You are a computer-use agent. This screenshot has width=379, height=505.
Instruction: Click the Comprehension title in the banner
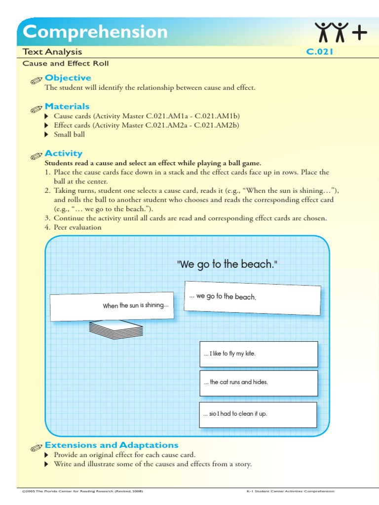[x=95, y=32]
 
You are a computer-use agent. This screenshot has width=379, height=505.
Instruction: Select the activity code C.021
[x=320, y=52]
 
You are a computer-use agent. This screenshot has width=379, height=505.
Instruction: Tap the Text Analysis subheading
[x=52, y=52]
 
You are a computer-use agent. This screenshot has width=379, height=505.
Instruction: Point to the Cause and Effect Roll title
[x=66, y=64]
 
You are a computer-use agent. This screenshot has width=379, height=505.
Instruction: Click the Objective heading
[x=68, y=78]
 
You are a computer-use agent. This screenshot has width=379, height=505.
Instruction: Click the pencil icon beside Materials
[x=36, y=108]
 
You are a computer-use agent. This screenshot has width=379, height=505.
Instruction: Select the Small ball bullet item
[x=69, y=135]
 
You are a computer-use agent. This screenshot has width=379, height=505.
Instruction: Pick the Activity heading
[x=63, y=153]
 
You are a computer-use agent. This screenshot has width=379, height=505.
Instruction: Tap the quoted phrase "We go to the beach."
[x=227, y=264]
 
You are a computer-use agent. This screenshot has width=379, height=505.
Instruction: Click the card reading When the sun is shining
[x=112, y=306]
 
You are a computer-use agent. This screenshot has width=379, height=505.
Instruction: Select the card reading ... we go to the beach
[x=252, y=296]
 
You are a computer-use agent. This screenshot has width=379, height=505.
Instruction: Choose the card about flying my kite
[x=259, y=354]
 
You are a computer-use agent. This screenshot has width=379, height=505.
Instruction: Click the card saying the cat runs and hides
[x=259, y=383]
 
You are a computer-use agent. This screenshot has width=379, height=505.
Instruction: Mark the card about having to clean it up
[x=259, y=414]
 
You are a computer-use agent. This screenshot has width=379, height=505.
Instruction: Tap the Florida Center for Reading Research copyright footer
[x=83, y=491]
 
